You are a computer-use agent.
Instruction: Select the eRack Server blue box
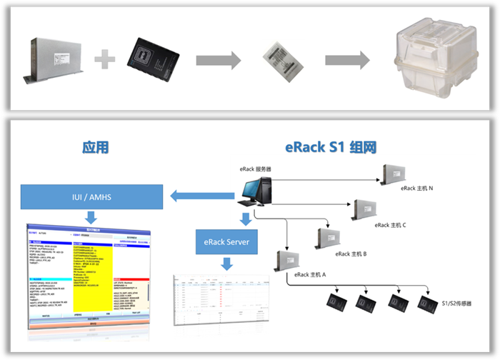coord(228,242)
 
